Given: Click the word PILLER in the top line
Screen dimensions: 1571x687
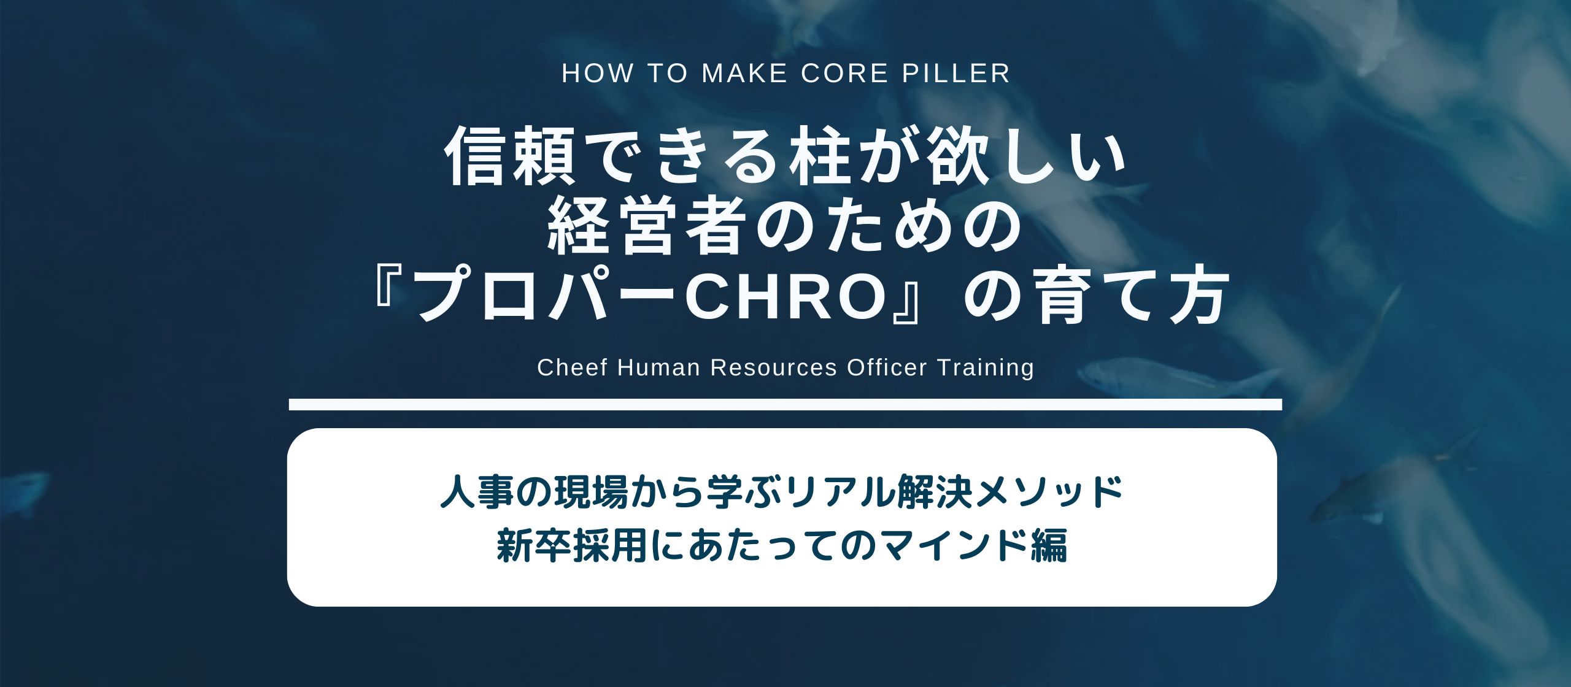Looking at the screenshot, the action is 956,74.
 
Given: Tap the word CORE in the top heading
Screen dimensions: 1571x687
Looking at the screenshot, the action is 845,74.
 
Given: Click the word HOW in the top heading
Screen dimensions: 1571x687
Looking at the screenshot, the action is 598,74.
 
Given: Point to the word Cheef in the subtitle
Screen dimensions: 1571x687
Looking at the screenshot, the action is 573,367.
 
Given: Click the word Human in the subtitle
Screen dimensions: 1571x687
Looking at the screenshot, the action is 658,367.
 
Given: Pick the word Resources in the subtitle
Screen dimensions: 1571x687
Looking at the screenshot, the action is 773,367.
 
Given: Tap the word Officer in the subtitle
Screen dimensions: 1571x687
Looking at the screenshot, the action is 887,367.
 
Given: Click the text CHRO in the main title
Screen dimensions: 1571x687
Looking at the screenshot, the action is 787,297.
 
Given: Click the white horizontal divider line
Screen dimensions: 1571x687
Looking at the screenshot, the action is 785,404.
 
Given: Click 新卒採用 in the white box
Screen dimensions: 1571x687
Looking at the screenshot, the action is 571,545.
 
